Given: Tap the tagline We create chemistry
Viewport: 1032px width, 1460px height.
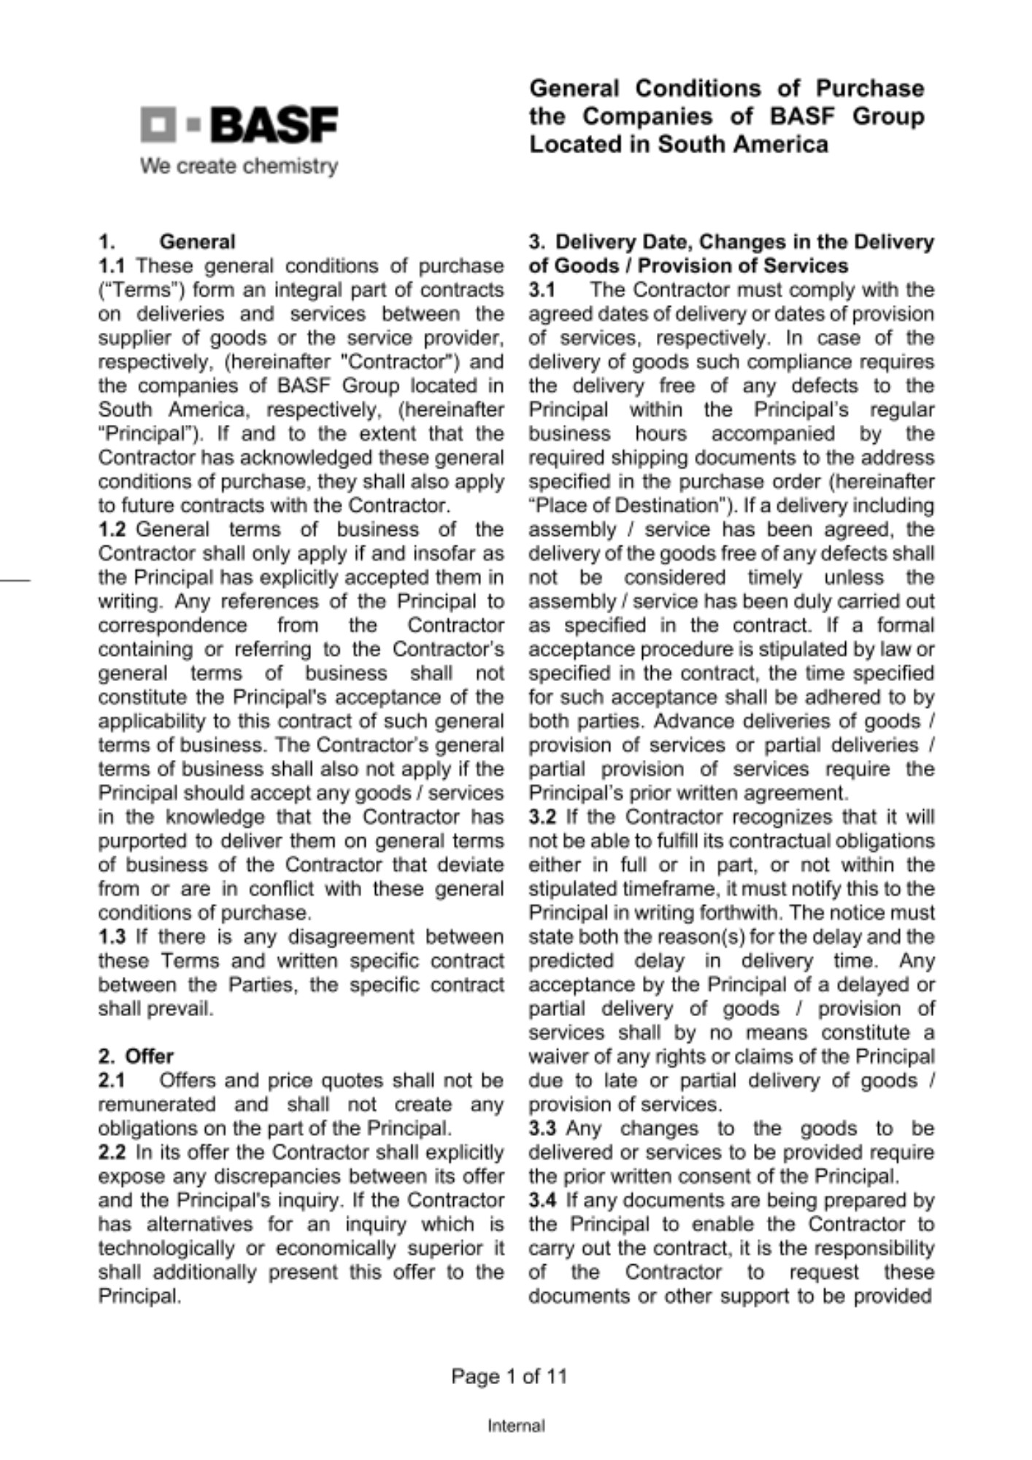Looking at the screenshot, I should point(239,166).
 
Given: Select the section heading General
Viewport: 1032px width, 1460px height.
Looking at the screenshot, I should point(197,242).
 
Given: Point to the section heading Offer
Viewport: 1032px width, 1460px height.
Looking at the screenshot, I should point(150,1056).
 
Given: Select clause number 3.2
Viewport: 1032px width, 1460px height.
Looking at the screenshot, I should point(542,817).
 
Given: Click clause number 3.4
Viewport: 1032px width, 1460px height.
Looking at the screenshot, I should point(542,1201).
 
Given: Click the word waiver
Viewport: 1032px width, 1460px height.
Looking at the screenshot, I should point(553,1057).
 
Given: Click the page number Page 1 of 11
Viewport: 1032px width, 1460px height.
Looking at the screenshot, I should point(509,1377).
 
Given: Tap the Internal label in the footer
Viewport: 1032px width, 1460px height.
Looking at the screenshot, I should point(516,1426).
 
